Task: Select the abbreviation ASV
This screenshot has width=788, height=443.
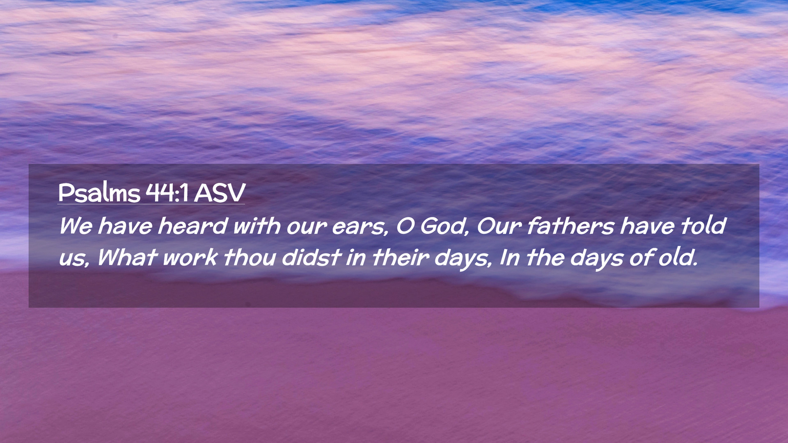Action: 220,192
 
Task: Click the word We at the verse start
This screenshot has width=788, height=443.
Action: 76,226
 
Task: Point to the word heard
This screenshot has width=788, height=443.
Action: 192,226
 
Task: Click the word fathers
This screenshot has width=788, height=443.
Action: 570,226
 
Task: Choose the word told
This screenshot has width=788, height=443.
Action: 703,226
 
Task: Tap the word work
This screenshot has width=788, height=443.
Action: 190,258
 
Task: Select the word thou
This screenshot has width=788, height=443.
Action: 250,258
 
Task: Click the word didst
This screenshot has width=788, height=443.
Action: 312,258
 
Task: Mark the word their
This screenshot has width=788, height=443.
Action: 401,258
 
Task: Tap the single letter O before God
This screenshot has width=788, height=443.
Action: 405,226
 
